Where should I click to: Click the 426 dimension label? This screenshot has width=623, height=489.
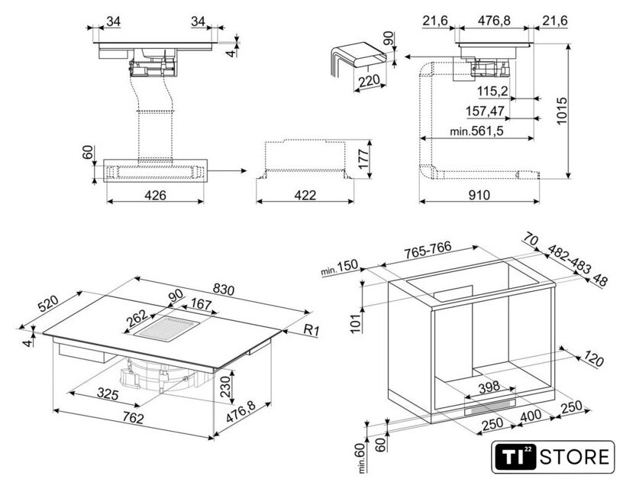click(155, 195)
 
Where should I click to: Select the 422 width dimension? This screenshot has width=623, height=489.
click(305, 195)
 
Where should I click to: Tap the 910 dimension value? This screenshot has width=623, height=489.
click(479, 195)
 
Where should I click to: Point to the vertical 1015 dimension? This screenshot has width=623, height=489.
click(561, 111)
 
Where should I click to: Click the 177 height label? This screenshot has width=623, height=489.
click(363, 159)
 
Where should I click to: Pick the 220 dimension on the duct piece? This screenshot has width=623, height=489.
click(369, 81)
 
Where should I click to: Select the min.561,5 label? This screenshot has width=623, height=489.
click(476, 131)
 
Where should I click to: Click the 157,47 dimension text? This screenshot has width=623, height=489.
click(485, 111)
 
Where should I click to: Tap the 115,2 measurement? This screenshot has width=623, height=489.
click(492, 92)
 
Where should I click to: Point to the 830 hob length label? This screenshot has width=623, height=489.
click(223, 290)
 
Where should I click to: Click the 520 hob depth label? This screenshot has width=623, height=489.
click(48, 303)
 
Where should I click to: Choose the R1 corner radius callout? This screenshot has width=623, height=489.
click(311, 330)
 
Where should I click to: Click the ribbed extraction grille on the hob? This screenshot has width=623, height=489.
click(166, 328)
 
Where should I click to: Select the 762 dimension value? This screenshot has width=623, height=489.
click(133, 418)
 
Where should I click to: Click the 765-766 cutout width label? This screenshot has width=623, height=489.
click(428, 250)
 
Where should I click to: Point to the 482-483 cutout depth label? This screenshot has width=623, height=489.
click(569, 259)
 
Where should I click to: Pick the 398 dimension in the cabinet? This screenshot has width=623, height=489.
click(489, 387)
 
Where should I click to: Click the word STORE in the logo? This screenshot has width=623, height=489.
click(574, 457)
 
